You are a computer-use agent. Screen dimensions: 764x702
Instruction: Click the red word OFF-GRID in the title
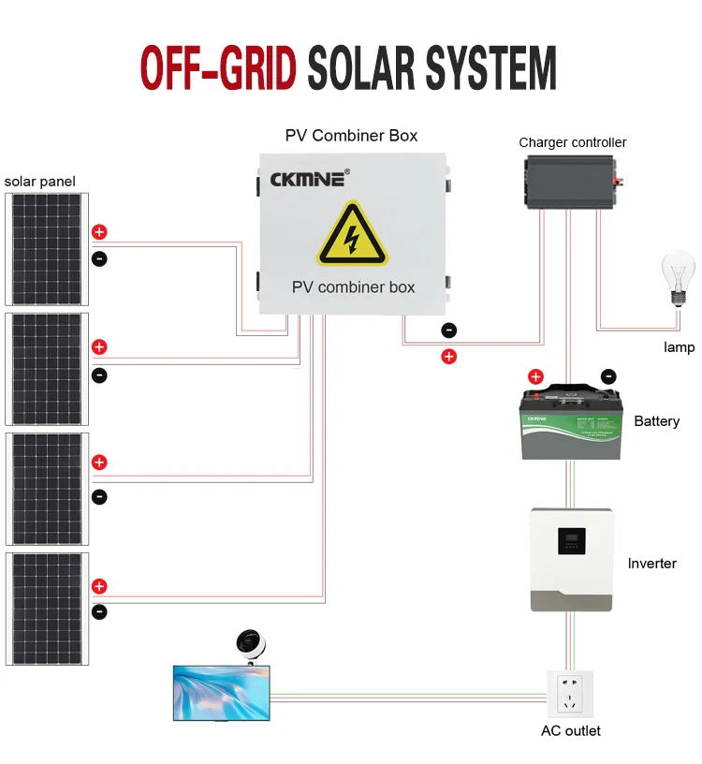(x=219, y=66)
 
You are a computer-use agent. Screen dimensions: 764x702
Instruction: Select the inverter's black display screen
(x=571, y=541)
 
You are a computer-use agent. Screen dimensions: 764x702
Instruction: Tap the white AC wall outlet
(x=570, y=694)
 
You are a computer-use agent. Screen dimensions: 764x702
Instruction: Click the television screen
(x=221, y=693)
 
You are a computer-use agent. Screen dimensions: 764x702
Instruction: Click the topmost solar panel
(x=47, y=249)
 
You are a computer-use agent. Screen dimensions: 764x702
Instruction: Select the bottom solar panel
(x=47, y=609)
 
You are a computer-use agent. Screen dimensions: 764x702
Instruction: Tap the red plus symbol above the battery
(x=535, y=377)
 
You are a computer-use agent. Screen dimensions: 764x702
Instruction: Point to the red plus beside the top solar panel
(x=99, y=232)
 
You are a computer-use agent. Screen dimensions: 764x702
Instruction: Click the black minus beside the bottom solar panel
(x=99, y=612)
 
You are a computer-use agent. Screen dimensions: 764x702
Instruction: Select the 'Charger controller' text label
(x=573, y=142)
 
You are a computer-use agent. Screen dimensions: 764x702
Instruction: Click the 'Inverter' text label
(x=651, y=564)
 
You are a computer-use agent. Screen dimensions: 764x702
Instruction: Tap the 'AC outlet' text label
(x=571, y=730)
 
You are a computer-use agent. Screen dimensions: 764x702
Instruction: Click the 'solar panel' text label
(x=40, y=181)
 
